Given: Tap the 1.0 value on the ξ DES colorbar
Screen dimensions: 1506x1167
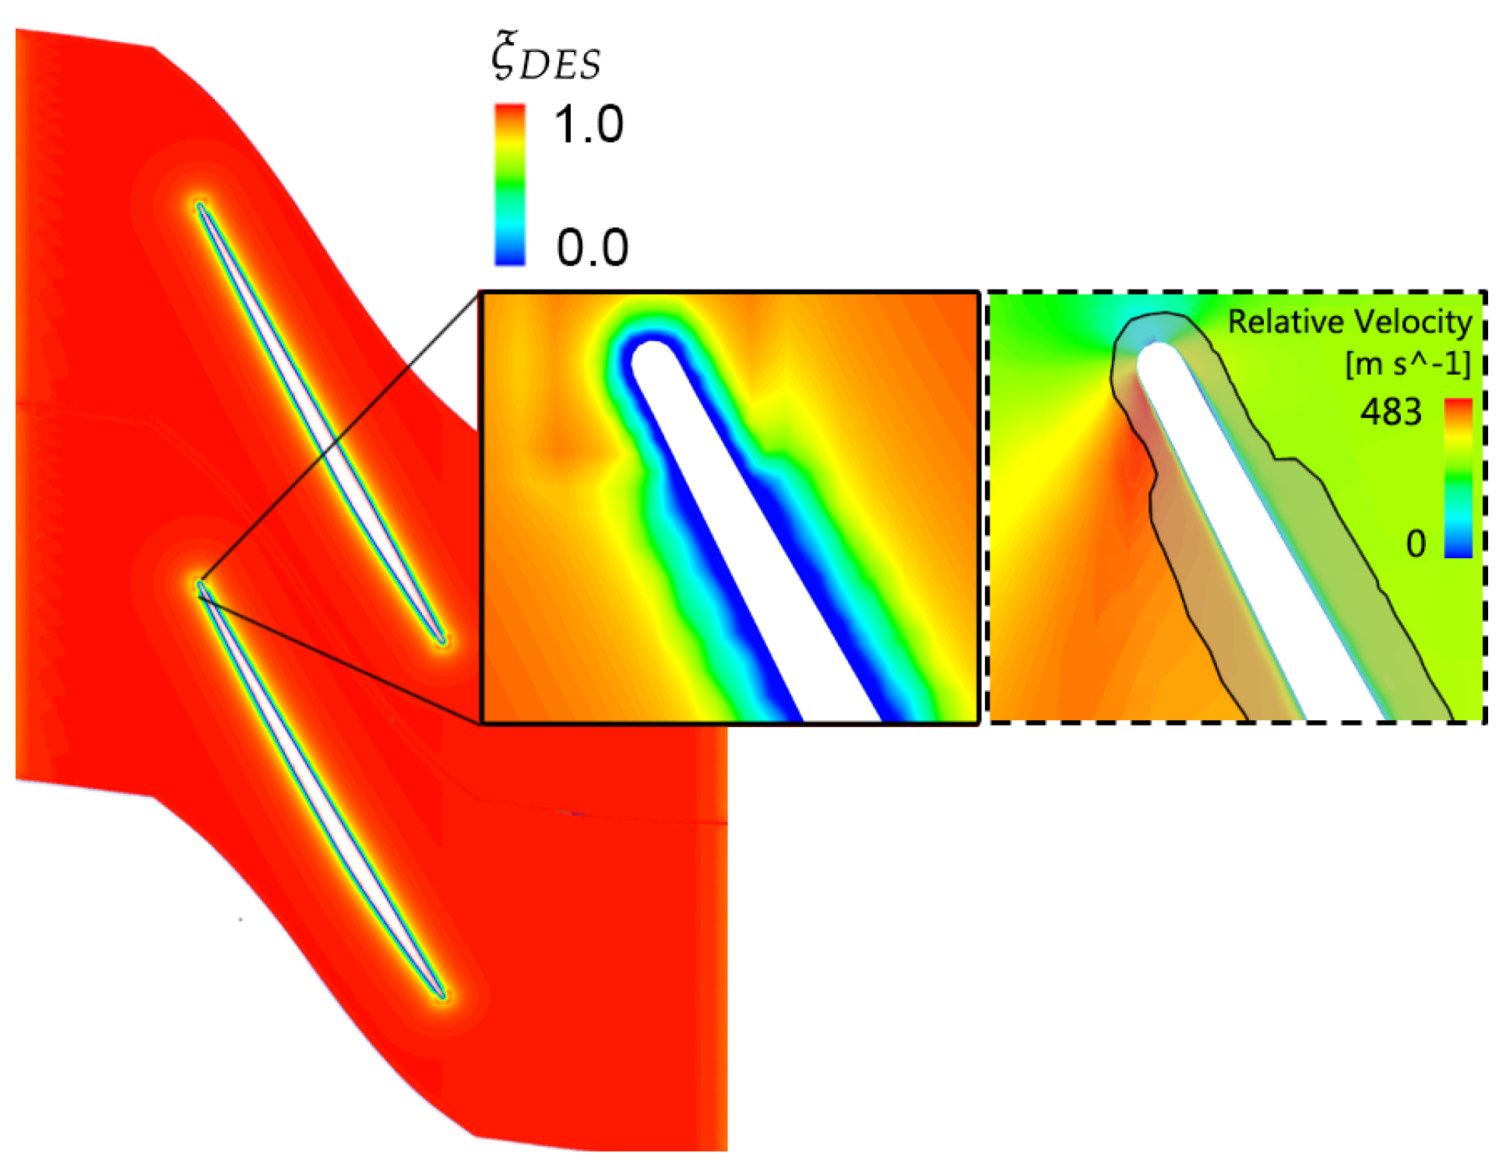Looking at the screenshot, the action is (x=589, y=124).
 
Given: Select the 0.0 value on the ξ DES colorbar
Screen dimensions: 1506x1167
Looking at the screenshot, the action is (x=592, y=247).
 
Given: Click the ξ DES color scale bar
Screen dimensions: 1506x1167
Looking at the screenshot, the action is (x=510, y=185).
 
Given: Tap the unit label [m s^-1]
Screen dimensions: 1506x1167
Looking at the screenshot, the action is (x=1408, y=363).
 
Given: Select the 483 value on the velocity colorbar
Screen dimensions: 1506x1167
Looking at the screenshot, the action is (x=1391, y=411).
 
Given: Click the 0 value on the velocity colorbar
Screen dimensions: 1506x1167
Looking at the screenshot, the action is (x=1416, y=543).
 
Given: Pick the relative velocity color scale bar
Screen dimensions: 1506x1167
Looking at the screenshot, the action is (x=1458, y=478).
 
